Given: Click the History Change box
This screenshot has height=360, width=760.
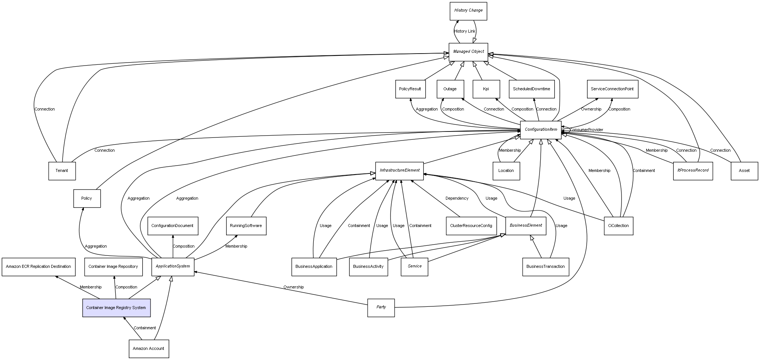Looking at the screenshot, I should tap(468, 11).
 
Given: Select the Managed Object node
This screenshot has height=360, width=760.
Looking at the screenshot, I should tap(468, 52).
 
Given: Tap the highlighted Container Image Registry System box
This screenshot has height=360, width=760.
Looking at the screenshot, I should tap(116, 308).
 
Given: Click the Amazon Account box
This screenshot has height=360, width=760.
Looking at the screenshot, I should tap(149, 349).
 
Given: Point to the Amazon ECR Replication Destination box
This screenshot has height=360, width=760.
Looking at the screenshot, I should tap(38, 267).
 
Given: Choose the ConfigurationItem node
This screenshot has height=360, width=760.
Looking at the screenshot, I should tap(541, 130).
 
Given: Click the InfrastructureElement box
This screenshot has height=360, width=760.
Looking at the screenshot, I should tap(399, 170).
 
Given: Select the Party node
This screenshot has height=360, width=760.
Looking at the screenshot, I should tap(381, 308).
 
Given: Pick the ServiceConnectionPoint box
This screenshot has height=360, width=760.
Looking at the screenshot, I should tap(612, 89).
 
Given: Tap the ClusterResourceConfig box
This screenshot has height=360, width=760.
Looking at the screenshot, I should tap(471, 226).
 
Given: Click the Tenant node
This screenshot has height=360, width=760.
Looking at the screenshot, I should tap(62, 171).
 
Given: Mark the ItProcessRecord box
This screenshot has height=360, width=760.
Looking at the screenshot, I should tap(693, 170).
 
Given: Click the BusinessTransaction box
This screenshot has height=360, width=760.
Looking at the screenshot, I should tap(545, 267).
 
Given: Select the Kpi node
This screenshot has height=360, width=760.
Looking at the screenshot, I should tap(486, 89).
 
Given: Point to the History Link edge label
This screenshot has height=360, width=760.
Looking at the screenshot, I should tap(465, 31).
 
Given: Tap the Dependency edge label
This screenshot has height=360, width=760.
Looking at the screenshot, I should tap(457, 199).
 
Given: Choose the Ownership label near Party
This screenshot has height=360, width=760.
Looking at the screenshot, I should tap(294, 287).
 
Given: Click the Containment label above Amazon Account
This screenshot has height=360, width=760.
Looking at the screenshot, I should tap(145, 328).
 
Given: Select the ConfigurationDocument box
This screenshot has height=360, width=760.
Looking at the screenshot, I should tap(173, 226).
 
